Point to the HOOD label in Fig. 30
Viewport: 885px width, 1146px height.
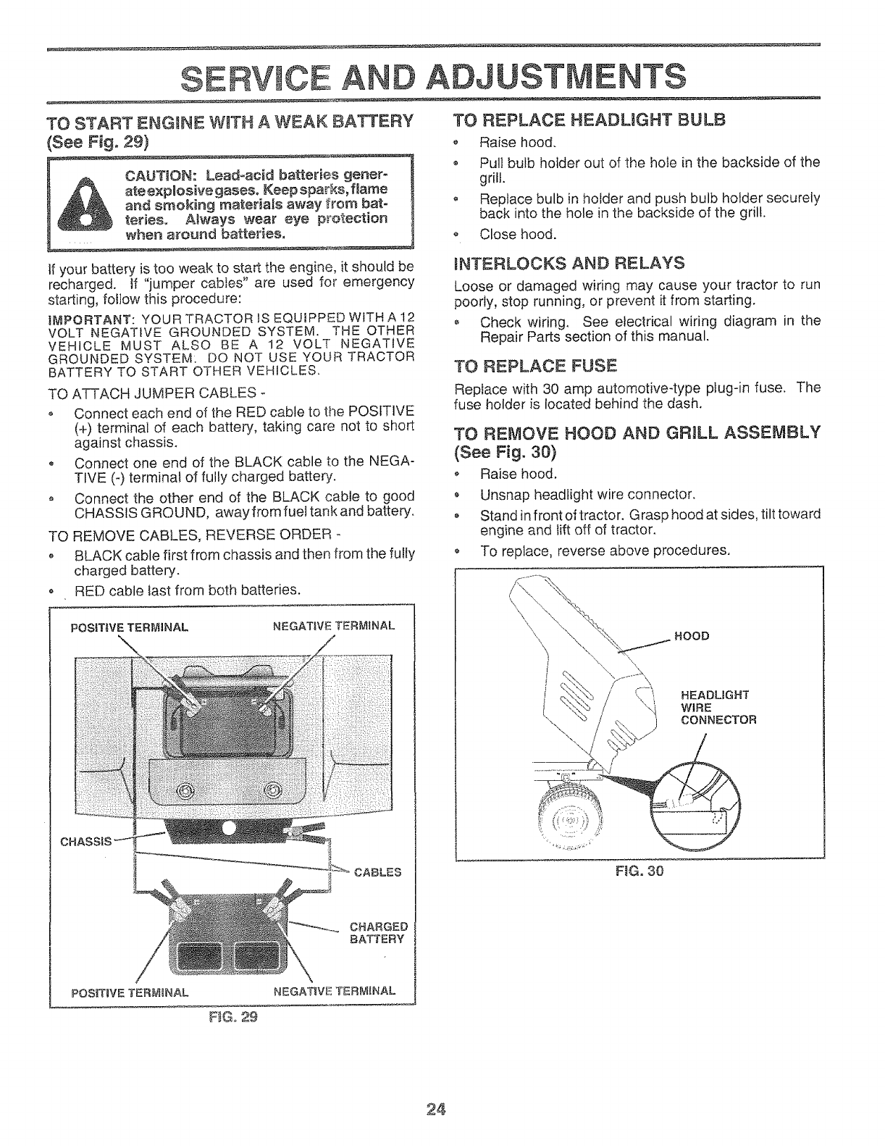click(x=692, y=636)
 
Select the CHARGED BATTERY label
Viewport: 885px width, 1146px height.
click(x=379, y=933)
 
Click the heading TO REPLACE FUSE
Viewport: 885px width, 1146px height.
click(x=534, y=364)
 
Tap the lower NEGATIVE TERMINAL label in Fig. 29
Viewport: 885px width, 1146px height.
click(x=334, y=991)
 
